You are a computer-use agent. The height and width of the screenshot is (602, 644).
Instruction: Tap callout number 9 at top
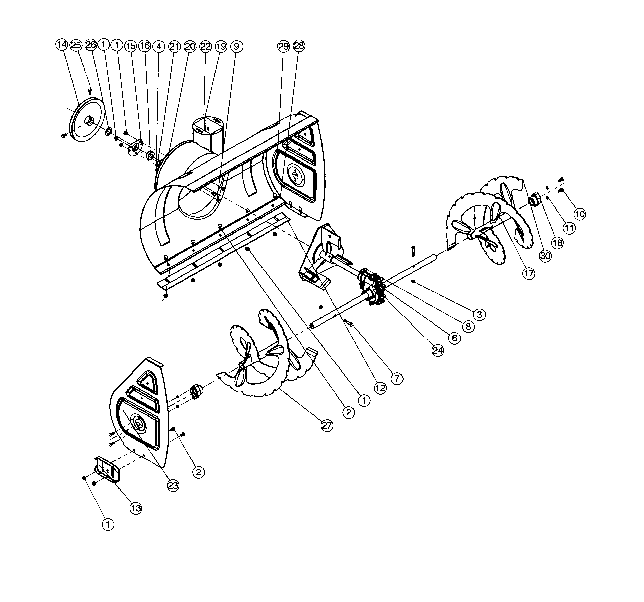[236, 47]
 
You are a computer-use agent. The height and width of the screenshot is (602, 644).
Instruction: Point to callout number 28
[299, 46]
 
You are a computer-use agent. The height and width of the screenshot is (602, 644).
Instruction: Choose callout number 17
[529, 273]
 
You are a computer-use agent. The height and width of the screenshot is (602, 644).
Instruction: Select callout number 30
[545, 256]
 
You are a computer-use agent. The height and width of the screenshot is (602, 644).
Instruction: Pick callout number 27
[327, 425]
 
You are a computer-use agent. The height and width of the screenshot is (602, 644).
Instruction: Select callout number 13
[136, 508]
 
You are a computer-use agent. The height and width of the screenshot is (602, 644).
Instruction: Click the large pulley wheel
[87, 120]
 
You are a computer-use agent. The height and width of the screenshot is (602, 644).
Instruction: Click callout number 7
[397, 378]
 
